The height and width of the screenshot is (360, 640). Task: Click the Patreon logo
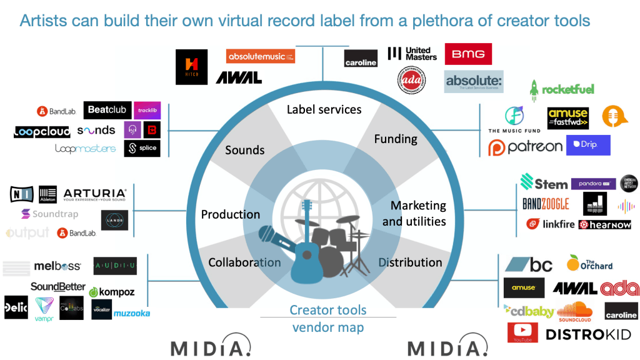(525, 147)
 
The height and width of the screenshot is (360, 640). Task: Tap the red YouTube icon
(522, 332)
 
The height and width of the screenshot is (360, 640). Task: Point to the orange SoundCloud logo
(574, 310)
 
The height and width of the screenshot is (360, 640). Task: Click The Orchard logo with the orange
(589, 262)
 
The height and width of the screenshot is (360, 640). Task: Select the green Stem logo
(544, 183)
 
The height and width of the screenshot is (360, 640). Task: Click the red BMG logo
(468, 54)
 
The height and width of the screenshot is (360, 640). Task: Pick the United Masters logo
(412, 54)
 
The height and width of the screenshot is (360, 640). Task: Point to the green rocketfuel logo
(562, 89)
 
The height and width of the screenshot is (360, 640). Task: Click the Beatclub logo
(107, 110)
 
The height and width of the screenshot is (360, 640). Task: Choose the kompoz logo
(112, 292)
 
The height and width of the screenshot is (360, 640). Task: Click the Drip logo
(587, 145)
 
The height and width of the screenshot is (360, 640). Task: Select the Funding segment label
(395, 139)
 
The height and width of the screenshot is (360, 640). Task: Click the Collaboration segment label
(244, 262)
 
